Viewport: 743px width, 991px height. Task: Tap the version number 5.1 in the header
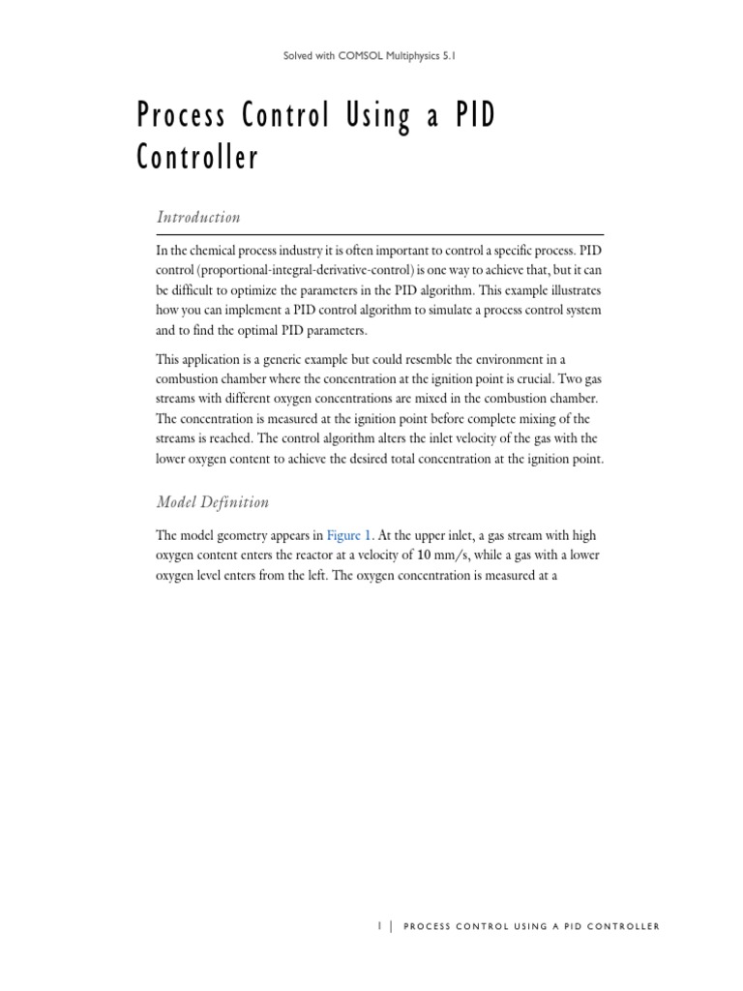point(448,57)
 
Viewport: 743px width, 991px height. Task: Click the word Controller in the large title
point(197,158)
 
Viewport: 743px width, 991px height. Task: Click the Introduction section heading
point(198,217)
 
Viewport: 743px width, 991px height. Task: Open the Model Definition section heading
point(212,502)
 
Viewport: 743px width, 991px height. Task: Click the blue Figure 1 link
point(348,535)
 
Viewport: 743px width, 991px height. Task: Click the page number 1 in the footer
point(378,926)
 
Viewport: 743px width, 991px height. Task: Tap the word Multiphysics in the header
point(405,57)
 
